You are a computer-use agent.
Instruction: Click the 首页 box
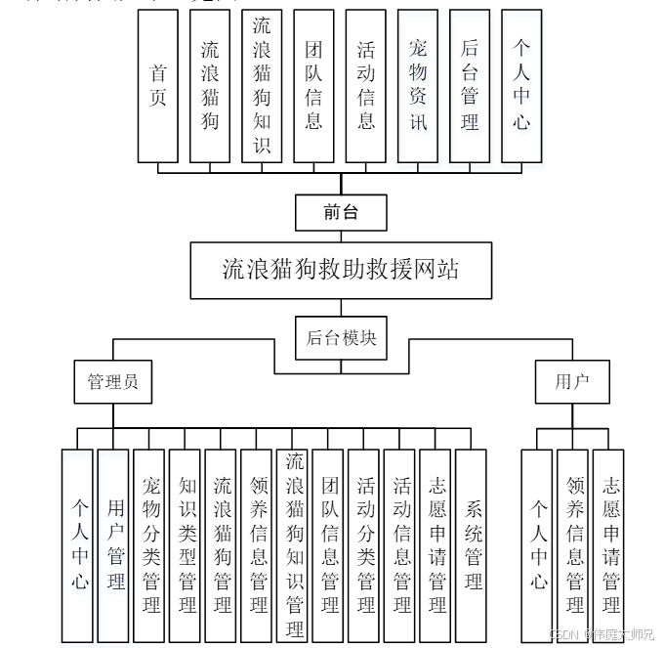(158, 86)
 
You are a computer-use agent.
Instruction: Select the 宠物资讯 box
(418, 86)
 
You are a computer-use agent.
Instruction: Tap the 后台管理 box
(470, 86)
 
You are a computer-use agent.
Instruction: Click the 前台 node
(341, 212)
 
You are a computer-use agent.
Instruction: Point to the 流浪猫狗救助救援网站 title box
(341, 270)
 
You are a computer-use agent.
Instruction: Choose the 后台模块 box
(341, 337)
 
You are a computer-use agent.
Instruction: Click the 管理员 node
(113, 381)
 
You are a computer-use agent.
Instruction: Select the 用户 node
(571, 381)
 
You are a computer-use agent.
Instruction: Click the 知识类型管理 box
(186, 544)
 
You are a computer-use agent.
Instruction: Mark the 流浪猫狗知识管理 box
(294, 544)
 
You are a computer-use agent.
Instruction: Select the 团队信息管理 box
(329, 544)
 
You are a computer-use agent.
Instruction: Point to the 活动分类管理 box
(365, 544)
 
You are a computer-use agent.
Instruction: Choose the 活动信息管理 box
(400, 544)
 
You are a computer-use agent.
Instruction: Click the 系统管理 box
(472, 544)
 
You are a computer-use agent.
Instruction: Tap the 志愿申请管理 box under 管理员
(436, 544)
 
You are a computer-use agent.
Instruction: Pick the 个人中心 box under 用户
(539, 544)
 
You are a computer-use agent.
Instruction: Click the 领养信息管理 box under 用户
(574, 544)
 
